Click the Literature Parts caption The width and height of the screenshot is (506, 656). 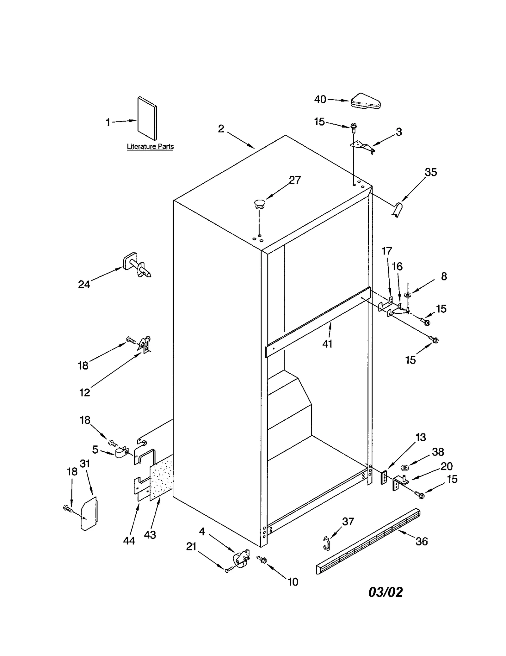[x=150, y=146]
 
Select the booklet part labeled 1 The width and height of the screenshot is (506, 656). [x=147, y=118]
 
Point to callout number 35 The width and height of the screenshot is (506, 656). [x=431, y=172]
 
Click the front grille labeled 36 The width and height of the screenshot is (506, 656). [x=368, y=541]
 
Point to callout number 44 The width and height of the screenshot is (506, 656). [x=129, y=541]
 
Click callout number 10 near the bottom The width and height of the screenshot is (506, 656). [x=293, y=582]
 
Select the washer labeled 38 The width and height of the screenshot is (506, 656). [x=404, y=467]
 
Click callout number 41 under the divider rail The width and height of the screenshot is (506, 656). [x=327, y=344]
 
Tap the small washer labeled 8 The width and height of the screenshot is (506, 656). [x=408, y=295]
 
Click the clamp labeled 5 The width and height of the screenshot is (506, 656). [x=120, y=453]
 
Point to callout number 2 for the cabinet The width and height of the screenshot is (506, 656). [x=221, y=129]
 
